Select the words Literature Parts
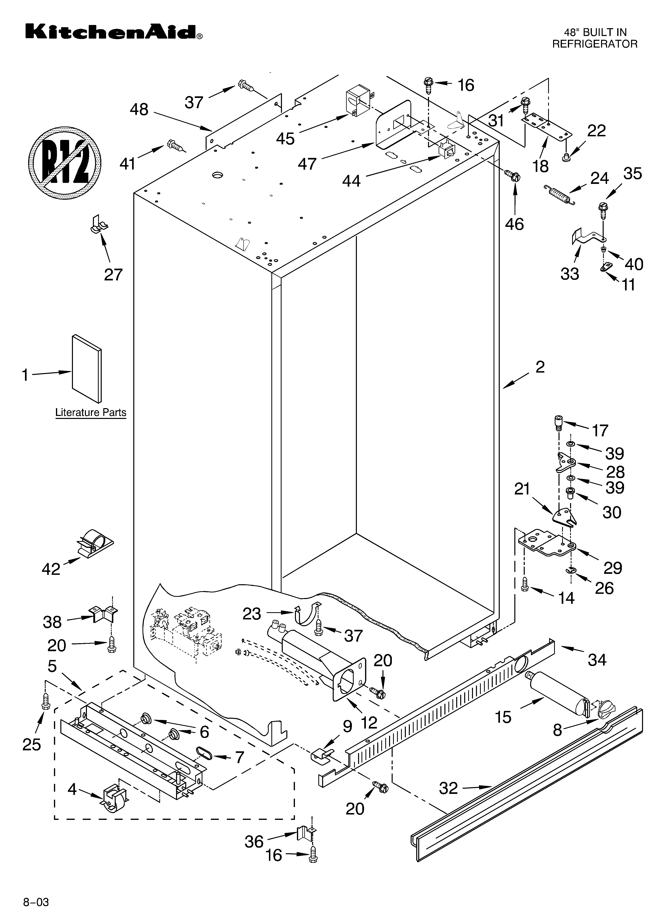coord(91,412)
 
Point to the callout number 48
coord(139,110)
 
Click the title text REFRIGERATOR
coord(594,44)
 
